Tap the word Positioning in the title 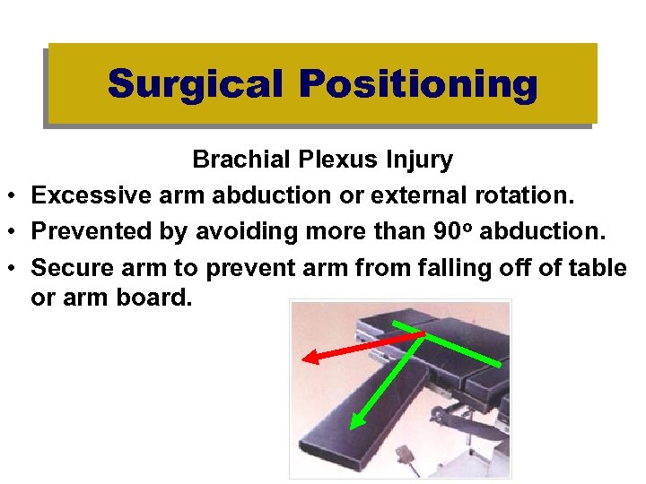click(418, 84)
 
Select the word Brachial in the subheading click(235, 160)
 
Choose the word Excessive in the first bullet click(88, 194)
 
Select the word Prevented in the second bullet click(87, 230)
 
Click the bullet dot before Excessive click(15, 196)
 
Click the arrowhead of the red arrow click(307, 358)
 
